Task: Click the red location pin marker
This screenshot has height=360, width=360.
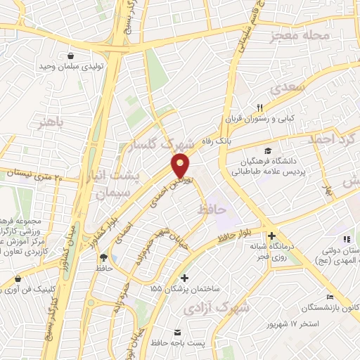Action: pos(181,165)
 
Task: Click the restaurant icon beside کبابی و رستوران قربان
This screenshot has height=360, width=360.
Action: pos(260,107)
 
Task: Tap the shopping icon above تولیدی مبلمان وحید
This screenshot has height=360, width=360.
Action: pos(71,55)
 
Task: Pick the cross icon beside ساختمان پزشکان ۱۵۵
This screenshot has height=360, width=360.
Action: pos(184,278)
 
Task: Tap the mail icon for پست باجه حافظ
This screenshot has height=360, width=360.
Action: pos(176,331)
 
